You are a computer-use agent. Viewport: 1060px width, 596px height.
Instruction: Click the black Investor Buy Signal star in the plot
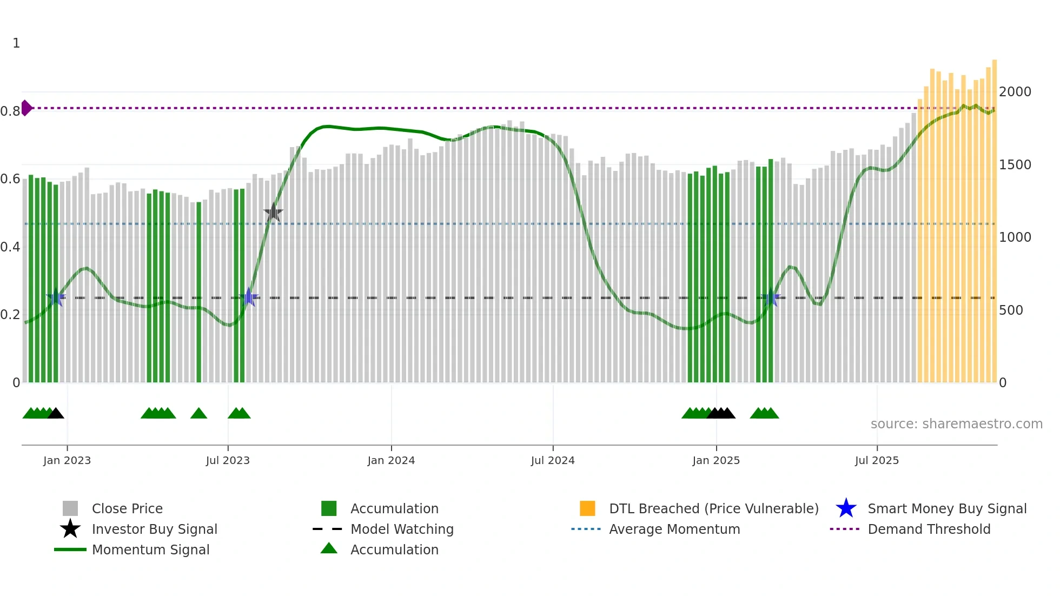tap(273, 213)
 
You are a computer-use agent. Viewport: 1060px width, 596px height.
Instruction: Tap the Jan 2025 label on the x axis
tap(716, 460)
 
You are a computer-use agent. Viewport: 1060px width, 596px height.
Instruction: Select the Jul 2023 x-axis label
tap(228, 460)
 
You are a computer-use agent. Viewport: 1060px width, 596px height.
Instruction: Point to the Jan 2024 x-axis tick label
tap(391, 460)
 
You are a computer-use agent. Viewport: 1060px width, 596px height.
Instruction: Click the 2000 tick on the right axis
tap(1015, 92)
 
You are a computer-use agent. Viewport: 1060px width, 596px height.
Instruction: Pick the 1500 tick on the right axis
tap(1015, 165)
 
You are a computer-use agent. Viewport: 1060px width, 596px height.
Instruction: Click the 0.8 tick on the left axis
tap(10, 111)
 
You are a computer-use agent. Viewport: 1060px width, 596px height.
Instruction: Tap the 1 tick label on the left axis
tap(16, 43)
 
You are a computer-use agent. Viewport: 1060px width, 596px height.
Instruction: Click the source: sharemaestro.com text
tap(956, 424)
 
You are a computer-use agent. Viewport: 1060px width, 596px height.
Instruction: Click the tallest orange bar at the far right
tap(994, 216)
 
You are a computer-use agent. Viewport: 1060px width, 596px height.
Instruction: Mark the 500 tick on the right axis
tap(1011, 310)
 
